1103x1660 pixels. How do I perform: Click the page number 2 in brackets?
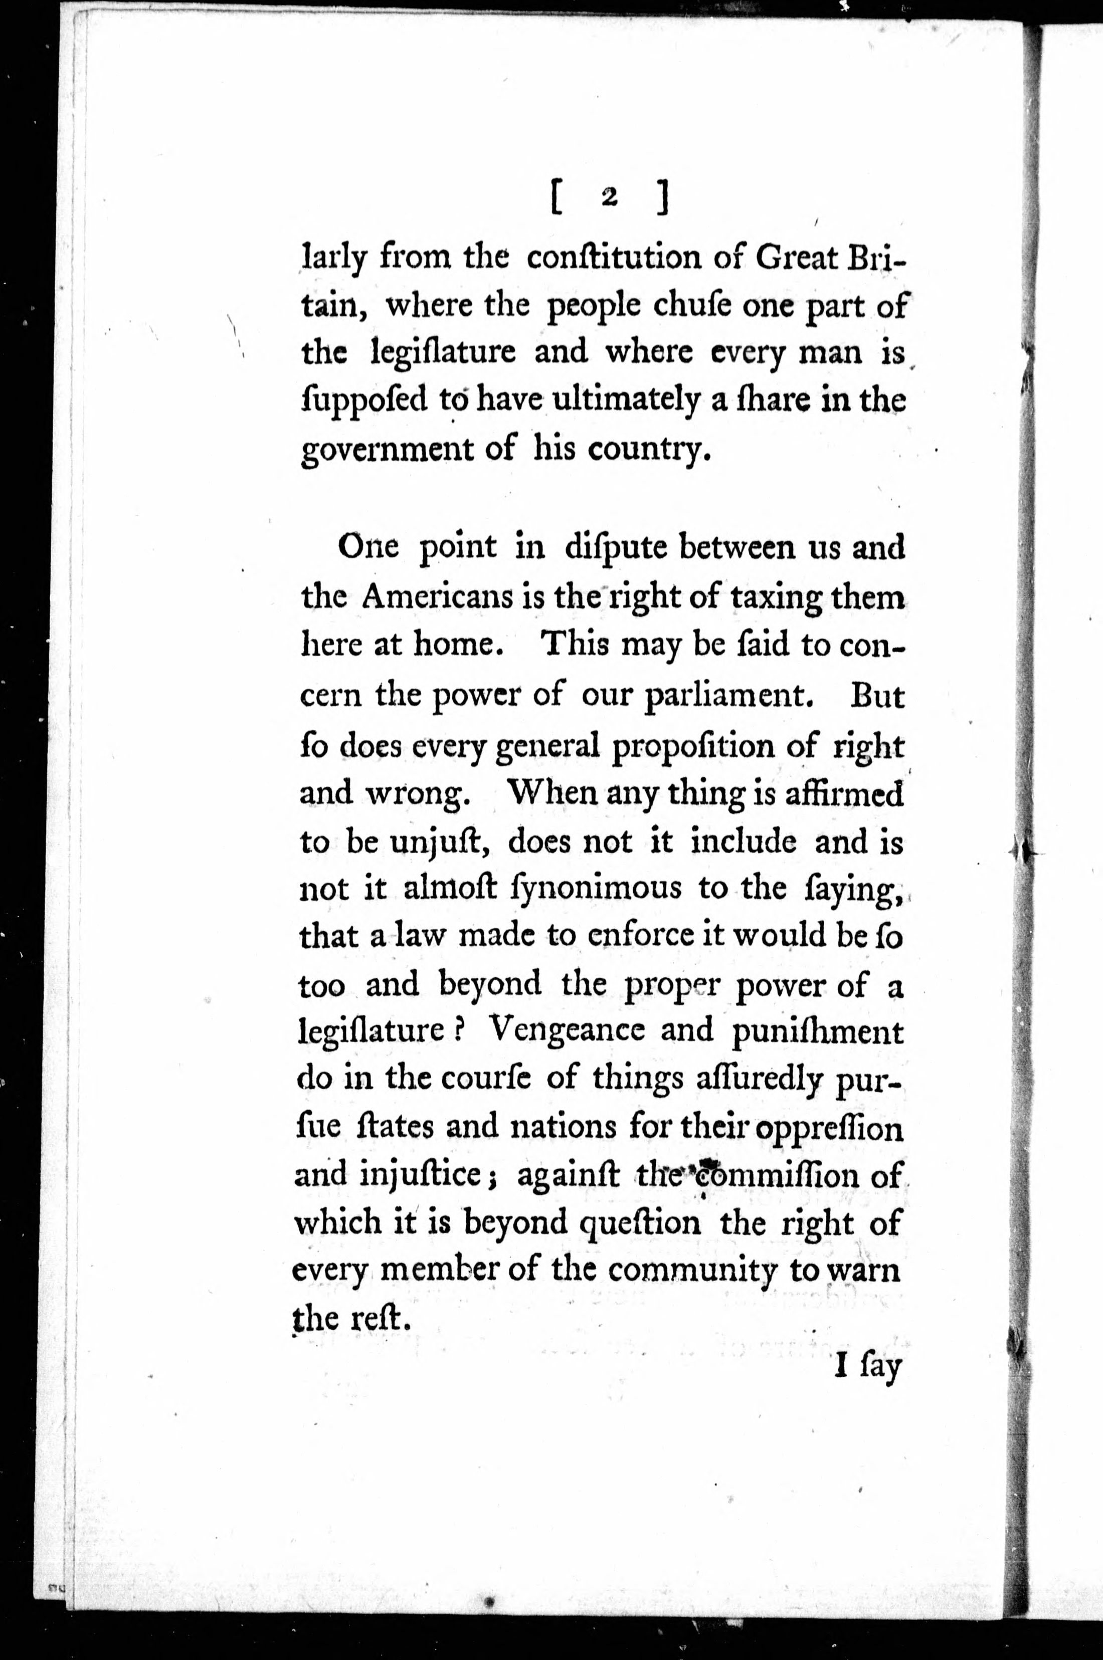coord(609,199)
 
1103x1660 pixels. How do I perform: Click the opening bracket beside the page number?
coord(555,199)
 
